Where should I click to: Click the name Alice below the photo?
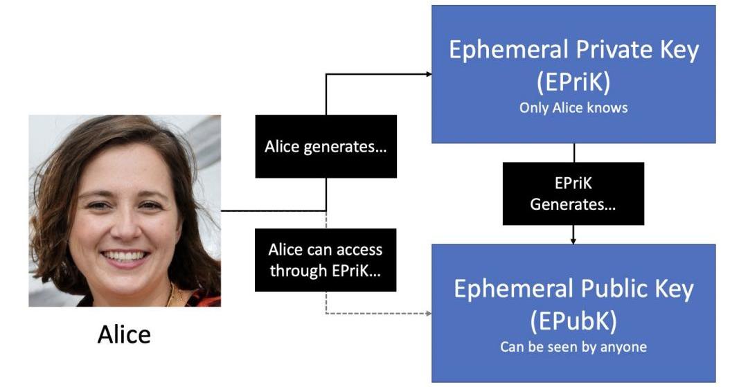(x=124, y=335)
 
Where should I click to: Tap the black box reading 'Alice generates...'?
(x=326, y=147)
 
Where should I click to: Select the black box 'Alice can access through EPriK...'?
(x=326, y=260)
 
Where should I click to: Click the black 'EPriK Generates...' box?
(x=573, y=194)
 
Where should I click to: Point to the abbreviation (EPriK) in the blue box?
(x=573, y=82)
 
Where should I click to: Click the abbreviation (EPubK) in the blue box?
(x=573, y=321)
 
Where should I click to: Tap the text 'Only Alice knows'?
(x=573, y=108)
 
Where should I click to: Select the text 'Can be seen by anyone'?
(x=573, y=347)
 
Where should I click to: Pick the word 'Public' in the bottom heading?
(x=602, y=289)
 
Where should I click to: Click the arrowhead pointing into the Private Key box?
(x=428, y=73)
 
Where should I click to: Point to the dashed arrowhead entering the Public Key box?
(x=428, y=314)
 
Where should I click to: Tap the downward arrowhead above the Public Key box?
(x=573, y=240)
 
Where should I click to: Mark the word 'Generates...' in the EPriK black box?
(x=573, y=204)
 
